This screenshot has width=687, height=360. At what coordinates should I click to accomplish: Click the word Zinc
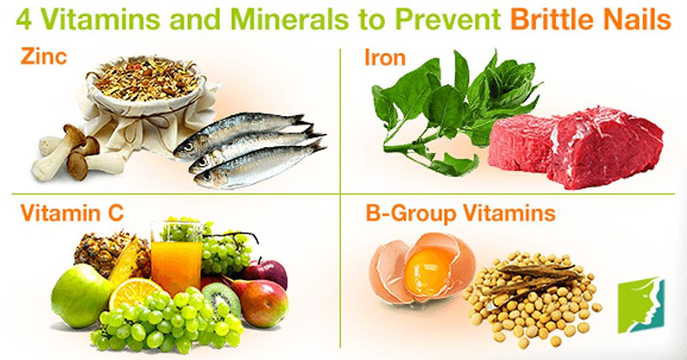pyautogui.click(x=40, y=58)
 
